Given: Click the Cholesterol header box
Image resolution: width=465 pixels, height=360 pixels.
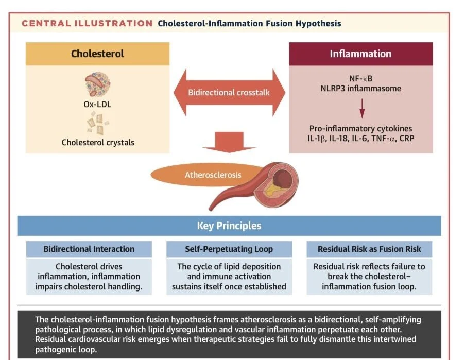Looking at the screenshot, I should click(x=97, y=54).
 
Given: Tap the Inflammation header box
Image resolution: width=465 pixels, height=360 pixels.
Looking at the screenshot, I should click(x=360, y=54).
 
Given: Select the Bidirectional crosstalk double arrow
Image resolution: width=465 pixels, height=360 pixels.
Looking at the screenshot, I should click(x=229, y=93).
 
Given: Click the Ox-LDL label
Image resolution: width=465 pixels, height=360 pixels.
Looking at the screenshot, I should click(x=97, y=105).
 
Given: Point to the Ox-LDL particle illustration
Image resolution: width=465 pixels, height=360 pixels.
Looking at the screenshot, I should click(x=97, y=85).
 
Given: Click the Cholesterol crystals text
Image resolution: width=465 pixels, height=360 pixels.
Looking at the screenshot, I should click(x=97, y=142).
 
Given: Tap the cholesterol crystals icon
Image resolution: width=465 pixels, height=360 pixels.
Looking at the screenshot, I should click(x=98, y=124).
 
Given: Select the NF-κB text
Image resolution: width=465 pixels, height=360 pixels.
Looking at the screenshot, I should click(x=360, y=79).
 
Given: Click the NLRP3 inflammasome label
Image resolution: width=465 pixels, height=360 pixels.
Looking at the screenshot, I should click(x=360, y=89).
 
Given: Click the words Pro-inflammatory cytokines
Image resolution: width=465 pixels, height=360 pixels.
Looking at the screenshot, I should click(x=360, y=129).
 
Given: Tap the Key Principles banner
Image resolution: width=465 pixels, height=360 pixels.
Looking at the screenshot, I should click(x=229, y=226).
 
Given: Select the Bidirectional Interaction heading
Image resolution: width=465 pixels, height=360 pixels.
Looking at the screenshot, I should click(x=89, y=249).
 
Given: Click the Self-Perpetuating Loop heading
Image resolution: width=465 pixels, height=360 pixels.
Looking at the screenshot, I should click(x=229, y=249).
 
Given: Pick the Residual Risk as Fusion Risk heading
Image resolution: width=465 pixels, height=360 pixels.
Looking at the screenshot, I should click(x=369, y=249).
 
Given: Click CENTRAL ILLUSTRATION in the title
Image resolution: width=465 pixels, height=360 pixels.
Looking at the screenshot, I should click(x=87, y=23).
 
